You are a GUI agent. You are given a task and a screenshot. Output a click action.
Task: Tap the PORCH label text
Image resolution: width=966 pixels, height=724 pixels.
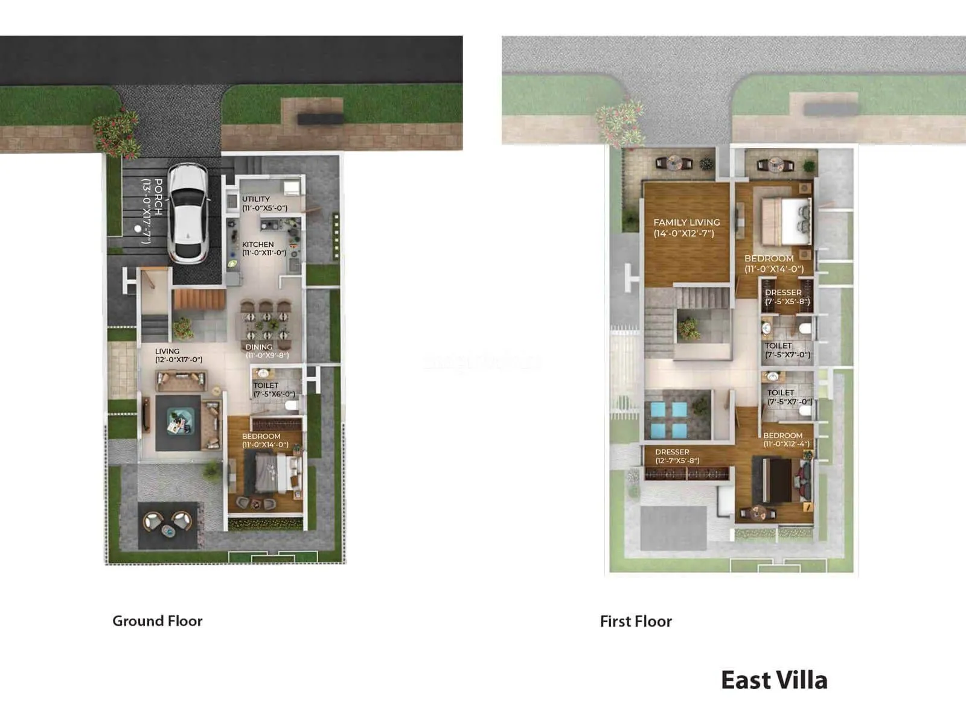coord(152,211)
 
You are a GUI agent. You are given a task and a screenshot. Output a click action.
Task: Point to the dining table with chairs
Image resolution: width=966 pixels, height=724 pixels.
coord(266,323)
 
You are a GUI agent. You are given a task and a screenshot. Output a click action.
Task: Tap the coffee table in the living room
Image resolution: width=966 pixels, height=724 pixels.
coord(179,421)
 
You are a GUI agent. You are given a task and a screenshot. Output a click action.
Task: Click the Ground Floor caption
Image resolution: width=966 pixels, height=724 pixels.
coord(157,621)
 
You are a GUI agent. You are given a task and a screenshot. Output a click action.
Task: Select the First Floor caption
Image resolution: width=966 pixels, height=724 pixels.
coord(636,621)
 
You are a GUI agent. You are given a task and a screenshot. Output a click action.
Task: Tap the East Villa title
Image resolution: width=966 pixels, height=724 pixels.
coord(774,680)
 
